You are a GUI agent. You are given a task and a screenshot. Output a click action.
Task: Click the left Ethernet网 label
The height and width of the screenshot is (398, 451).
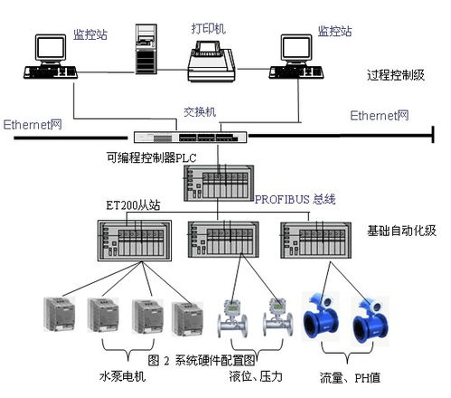point(33,124)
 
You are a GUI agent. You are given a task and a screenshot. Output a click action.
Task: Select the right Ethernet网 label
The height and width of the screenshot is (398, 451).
point(380,116)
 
